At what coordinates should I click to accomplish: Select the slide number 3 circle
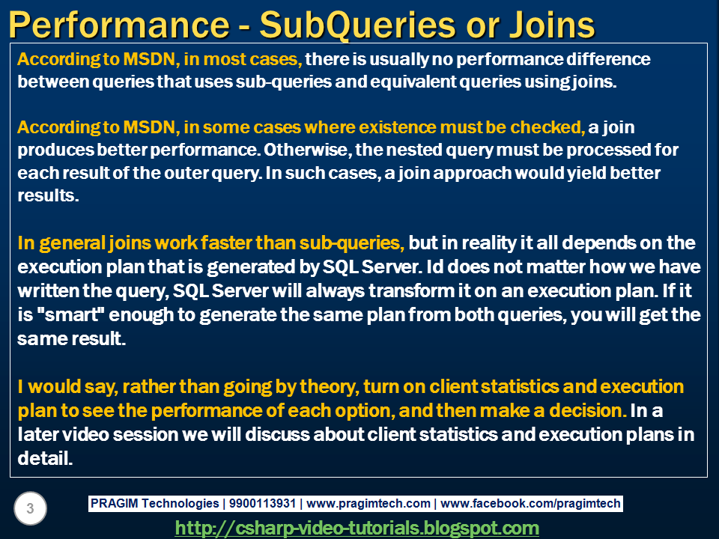click(x=30, y=509)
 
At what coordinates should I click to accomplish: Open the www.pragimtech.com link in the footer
click(x=368, y=504)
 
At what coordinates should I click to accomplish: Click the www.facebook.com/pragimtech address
click(x=530, y=504)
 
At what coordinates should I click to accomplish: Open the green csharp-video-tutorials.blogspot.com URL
click(x=357, y=528)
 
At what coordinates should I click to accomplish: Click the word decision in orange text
click(x=585, y=411)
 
